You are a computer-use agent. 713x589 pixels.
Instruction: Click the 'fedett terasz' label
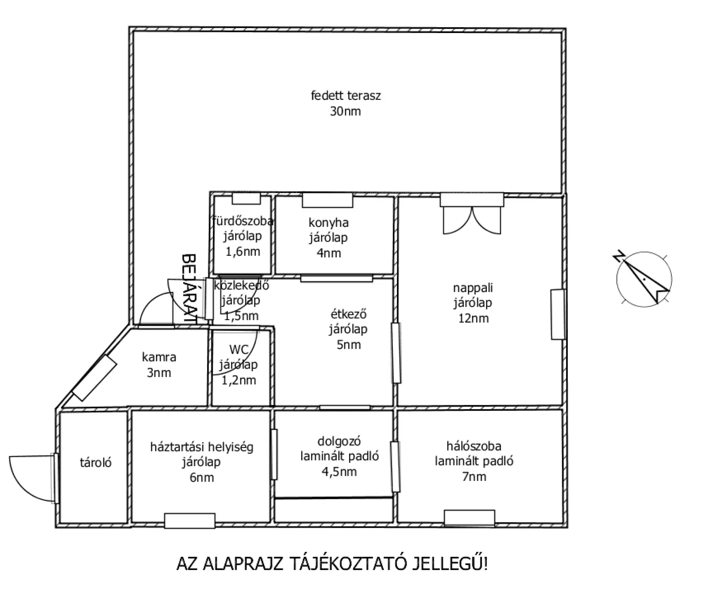(346, 96)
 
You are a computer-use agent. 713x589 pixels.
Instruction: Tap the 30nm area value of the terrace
(345, 111)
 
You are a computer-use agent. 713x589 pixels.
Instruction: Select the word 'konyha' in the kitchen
(329, 223)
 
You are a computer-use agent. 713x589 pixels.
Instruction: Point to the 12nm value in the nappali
(473, 318)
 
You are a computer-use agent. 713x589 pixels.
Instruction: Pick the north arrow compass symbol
(644, 279)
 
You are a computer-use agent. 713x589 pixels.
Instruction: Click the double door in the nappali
(472, 220)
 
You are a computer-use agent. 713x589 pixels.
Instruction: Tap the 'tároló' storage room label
(95, 462)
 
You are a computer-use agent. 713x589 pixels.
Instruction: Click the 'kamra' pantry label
(159, 357)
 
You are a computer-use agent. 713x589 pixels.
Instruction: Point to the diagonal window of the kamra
(94, 378)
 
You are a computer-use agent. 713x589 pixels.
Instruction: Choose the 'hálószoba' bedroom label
(474, 446)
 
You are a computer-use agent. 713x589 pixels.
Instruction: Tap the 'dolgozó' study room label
(339, 441)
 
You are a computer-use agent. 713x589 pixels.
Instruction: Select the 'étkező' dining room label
(348, 314)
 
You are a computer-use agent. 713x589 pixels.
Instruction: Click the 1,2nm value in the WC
(239, 380)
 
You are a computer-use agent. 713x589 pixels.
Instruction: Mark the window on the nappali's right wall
(557, 314)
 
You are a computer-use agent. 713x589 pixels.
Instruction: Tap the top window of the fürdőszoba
(246, 199)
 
